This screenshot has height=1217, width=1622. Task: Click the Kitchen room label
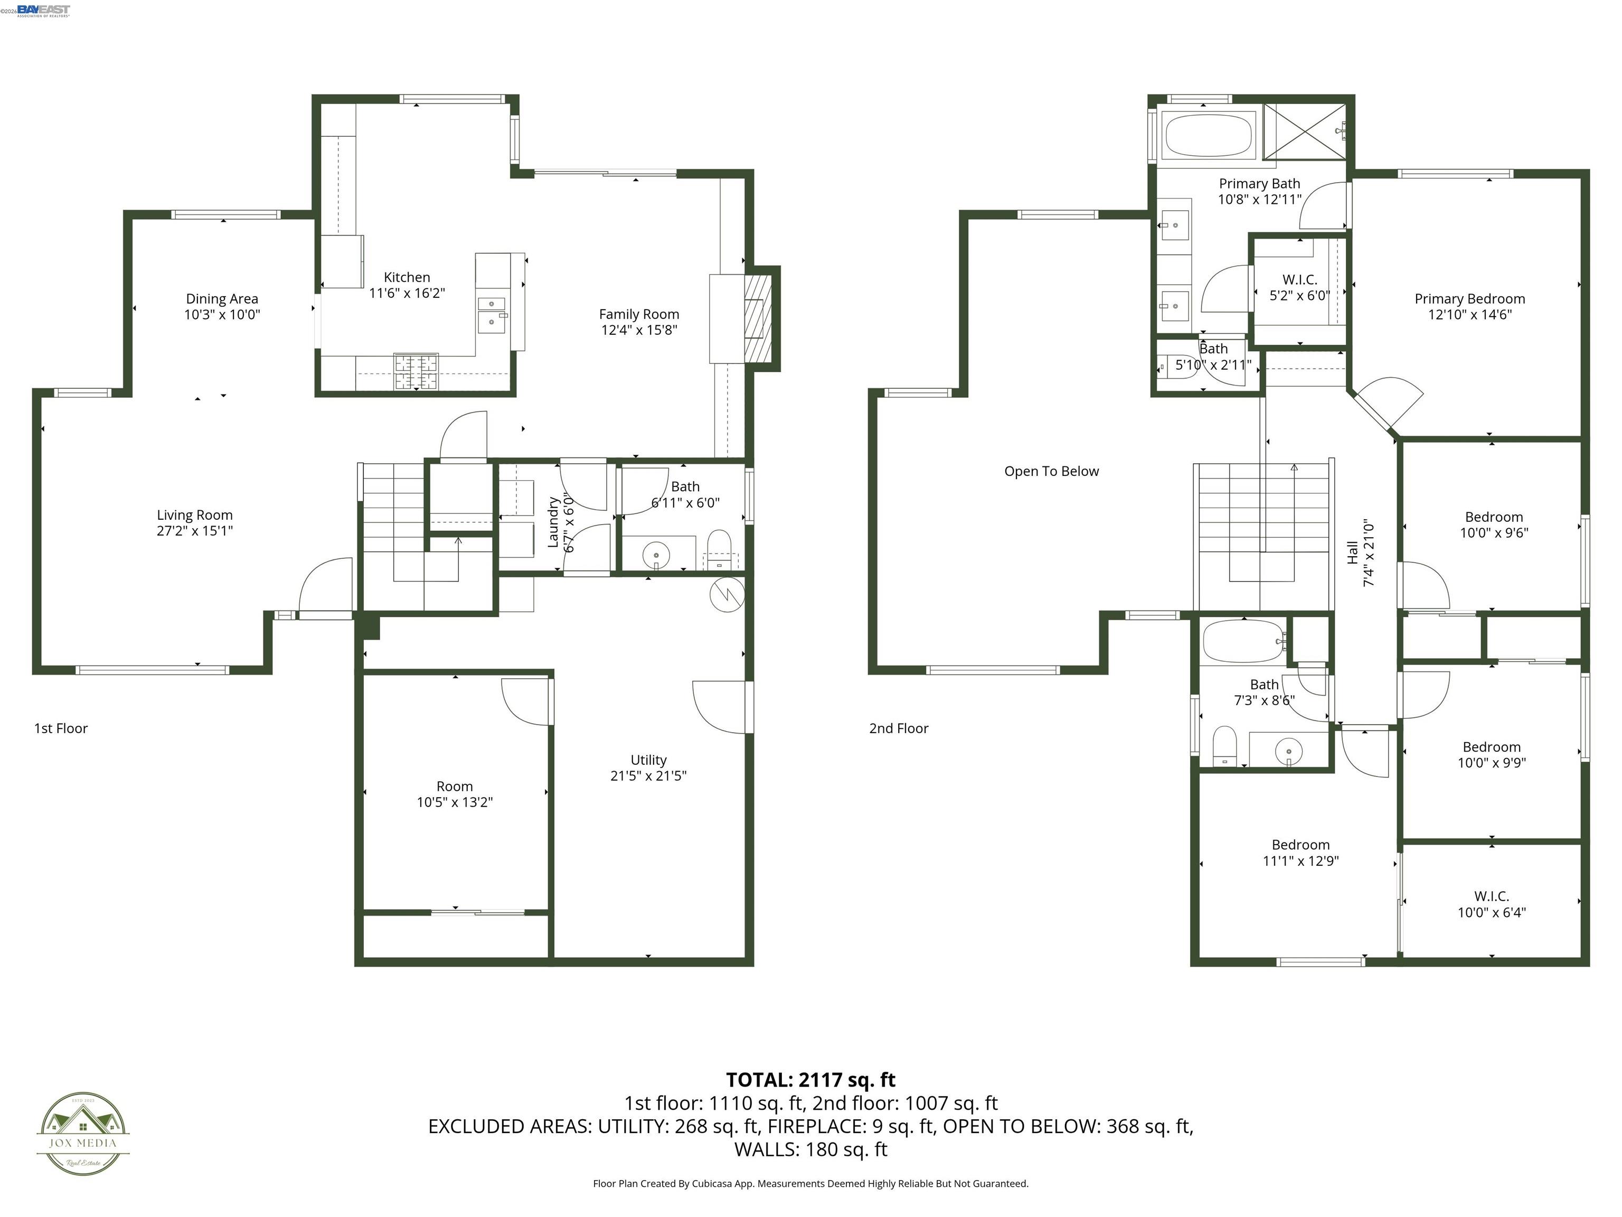(x=407, y=277)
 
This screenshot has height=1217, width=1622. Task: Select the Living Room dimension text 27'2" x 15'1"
(x=194, y=530)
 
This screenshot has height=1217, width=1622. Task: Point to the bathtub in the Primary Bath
(x=1209, y=134)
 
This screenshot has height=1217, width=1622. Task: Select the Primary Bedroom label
(x=1469, y=298)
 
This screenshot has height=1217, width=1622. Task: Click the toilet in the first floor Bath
(x=719, y=549)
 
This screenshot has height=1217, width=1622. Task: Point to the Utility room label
(x=648, y=760)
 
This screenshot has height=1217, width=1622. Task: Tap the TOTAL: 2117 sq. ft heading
(x=810, y=1080)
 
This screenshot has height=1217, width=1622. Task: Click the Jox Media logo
(x=83, y=1134)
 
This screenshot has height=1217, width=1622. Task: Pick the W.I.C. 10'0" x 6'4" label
(x=1491, y=904)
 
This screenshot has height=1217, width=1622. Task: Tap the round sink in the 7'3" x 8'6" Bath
(x=1288, y=751)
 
